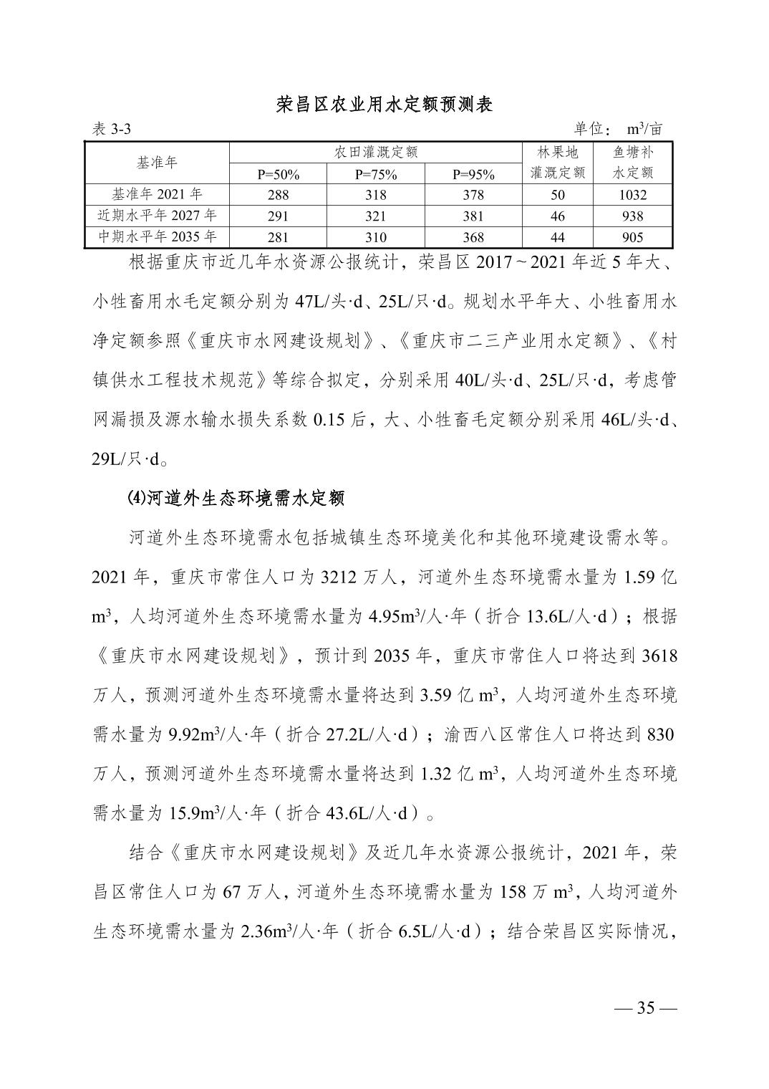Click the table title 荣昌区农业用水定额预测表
[x=384, y=105]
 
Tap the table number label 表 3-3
[x=112, y=129]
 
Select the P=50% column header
[x=278, y=174]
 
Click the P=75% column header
[x=375, y=174]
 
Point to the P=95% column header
[x=473, y=174]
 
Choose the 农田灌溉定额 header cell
[x=375, y=152]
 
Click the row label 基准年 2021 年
[x=157, y=194]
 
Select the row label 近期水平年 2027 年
[x=157, y=216]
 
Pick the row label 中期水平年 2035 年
[x=157, y=237]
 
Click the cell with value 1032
[x=632, y=195]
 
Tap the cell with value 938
[x=632, y=216]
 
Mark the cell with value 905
[x=632, y=238]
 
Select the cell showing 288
[x=278, y=195]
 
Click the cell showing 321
[x=375, y=216]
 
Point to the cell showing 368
[x=473, y=238]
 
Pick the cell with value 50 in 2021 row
[x=558, y=195]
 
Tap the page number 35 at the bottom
[x=646, y=1007]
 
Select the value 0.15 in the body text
[x=329, y=420]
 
